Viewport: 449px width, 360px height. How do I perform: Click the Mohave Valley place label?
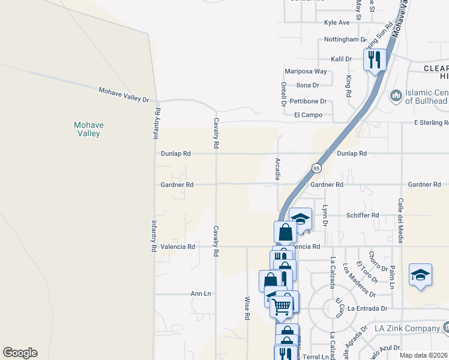[x=88, y=129]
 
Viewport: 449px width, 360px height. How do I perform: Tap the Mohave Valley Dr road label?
[x=123, y=94]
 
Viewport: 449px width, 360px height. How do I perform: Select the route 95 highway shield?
[x=315, y=169]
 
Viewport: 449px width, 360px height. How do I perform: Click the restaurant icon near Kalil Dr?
[x=375, y=59]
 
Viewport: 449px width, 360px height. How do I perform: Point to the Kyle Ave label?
[x=336, y=23]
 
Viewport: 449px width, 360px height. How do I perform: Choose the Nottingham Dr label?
[x=345, y=40]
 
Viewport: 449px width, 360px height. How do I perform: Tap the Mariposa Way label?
[x=306, y=71]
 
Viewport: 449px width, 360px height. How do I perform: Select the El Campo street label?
[x=308, y=115]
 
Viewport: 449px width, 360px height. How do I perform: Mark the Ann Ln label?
[x=200, y=294]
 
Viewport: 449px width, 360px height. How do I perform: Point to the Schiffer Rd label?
[x=362, y=215]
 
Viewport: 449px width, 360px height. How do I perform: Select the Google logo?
[x=20, y=353]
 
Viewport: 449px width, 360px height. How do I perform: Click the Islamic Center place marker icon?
[x=396, y=96]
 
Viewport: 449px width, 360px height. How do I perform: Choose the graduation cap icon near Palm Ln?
[x=420, y=275]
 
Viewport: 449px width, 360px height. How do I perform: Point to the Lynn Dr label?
[x=325, y=215]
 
